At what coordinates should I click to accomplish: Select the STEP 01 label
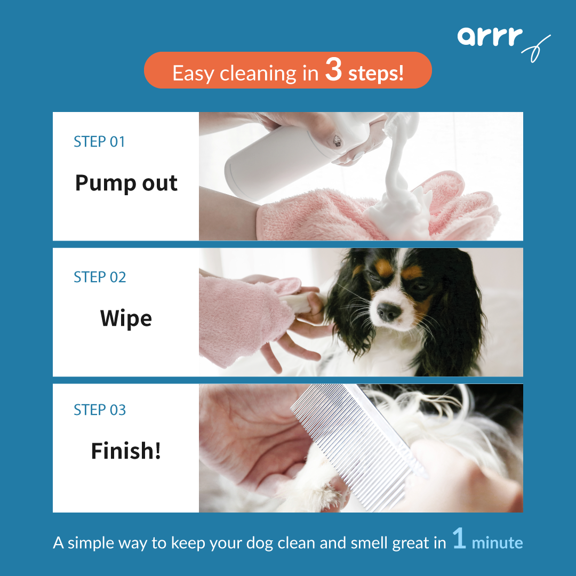[99, 142]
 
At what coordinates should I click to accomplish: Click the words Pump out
[126, 183]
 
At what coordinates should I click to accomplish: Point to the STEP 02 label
[100, 277]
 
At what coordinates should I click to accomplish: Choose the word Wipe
[126, 318]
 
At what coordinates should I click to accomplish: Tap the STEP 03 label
[100, 410]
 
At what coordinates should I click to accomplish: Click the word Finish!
[126, 451]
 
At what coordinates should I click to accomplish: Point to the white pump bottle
[277, 155]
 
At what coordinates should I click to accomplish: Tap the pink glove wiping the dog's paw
[240, 320]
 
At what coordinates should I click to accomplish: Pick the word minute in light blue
[497, 543]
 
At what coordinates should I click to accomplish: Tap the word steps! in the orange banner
[375, 74]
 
